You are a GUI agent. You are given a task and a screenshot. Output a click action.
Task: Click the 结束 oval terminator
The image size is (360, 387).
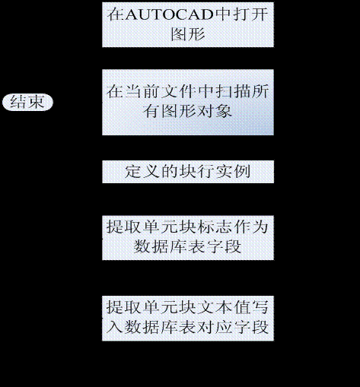click(x=27, y=102)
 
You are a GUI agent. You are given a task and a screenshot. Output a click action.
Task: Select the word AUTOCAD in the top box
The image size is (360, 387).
click(x=169, y=14)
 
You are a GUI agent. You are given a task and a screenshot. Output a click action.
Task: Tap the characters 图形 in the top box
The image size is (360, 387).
click(x=188, y=34)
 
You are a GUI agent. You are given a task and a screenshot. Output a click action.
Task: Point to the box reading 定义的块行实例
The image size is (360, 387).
click(x=188, y=172)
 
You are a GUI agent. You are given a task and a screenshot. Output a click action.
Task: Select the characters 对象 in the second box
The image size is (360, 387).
click(x=215, y=111)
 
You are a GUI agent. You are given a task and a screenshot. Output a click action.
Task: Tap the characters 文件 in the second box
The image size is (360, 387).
click(x=179, y=91)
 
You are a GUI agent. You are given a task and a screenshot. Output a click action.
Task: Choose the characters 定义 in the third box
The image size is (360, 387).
click(x=142, y=172)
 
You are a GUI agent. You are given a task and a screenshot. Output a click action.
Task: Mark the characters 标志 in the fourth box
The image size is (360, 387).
click(x=215, y=227)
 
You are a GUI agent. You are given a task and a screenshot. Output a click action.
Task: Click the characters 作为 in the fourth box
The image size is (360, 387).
click(x=251, y=227)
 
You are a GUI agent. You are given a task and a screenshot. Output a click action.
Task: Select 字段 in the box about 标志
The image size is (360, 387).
click(x=224, y=246)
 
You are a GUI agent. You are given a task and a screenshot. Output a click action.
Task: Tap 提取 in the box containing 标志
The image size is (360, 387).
click(x=123, y=227)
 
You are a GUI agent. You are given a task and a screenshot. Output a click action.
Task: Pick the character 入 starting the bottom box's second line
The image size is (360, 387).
click(x=115, y=327)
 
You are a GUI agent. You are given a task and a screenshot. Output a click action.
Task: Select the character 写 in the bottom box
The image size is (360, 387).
click(x=260, y=307)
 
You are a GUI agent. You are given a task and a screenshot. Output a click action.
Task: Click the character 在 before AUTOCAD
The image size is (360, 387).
click(x=116, y=14)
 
